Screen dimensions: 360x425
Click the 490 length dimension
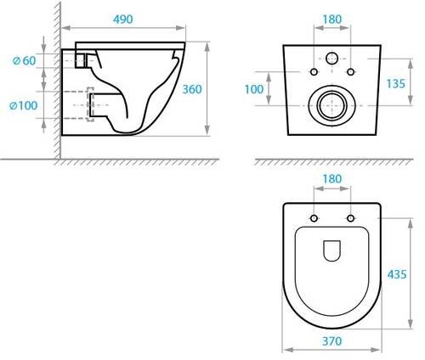(x=123, y=19)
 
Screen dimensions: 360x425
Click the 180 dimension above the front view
(x=332, y=18)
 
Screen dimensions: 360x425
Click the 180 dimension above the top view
(x=332, y=179)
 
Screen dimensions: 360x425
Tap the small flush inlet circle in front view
(x=332, y=59)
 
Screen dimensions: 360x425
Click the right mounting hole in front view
(x=350, y=71)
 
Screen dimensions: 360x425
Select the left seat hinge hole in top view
(x=314, y=219)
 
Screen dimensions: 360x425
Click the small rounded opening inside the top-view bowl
(x=332, y=250)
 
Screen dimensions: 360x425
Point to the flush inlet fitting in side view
(x=82, y=59)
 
